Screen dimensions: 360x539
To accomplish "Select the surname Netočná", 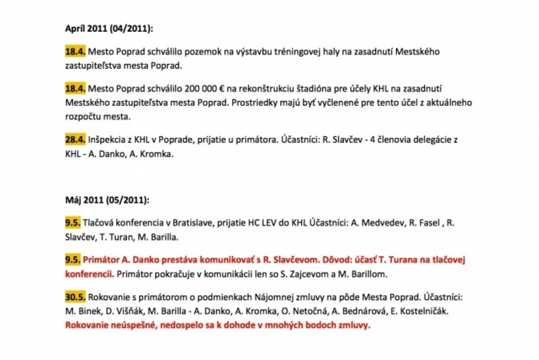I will tap(290, 312).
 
